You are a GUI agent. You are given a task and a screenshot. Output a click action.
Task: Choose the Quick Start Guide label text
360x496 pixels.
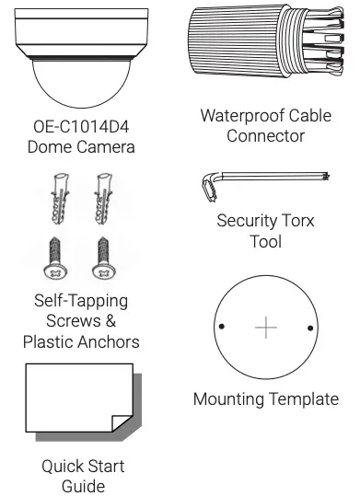tap(84, 476)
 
